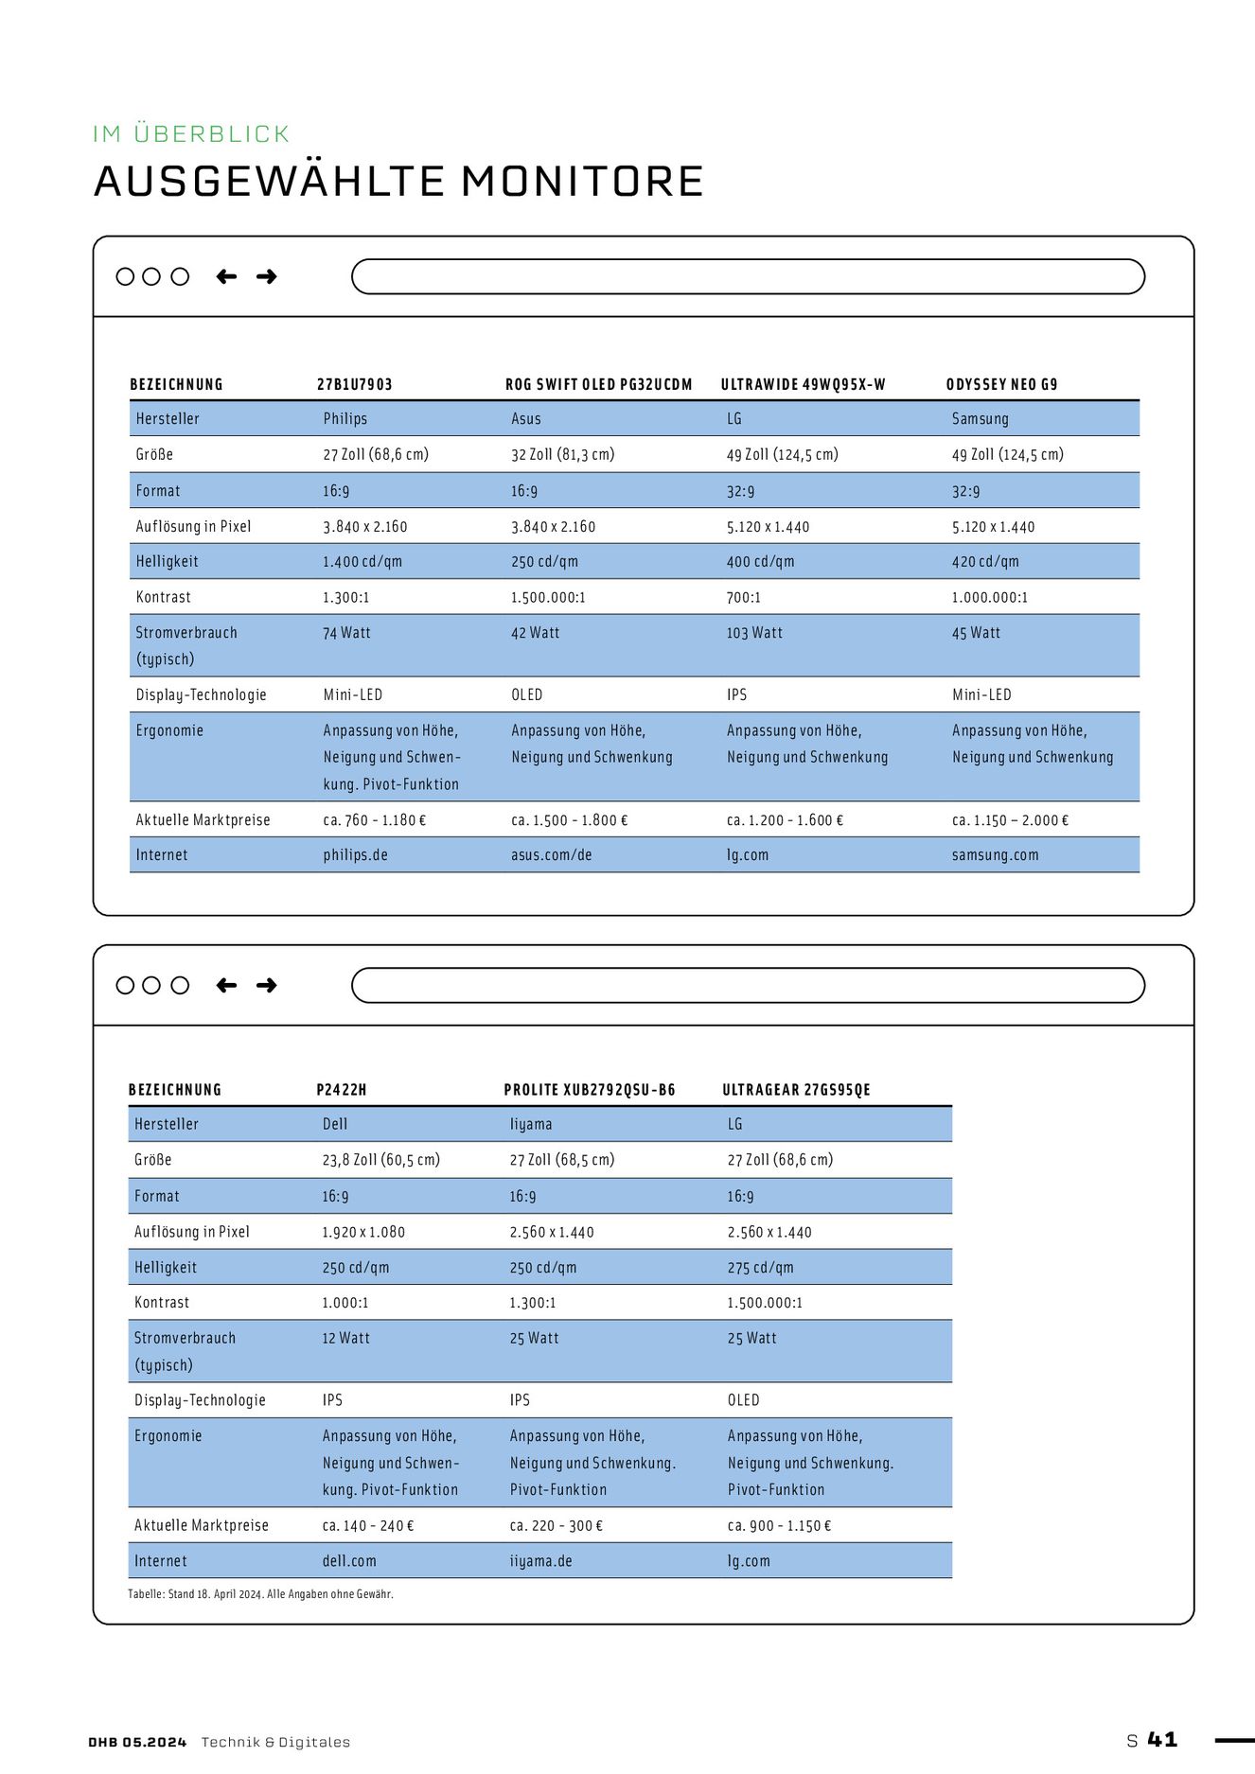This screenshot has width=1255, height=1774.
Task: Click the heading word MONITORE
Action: point(582,182)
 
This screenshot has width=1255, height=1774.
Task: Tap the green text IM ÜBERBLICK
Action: point(191,134)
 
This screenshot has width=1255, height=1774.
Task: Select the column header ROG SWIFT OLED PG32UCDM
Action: point(598,384)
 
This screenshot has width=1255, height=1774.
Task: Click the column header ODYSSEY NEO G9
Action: point(1001,384)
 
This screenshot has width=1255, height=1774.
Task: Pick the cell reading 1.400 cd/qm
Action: point(362,562)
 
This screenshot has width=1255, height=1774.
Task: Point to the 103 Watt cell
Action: point(754,633)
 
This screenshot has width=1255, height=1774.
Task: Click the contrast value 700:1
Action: point(743,598)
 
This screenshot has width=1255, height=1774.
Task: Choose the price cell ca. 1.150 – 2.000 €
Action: point(1010,820)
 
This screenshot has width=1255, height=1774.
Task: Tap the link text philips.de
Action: point(355,855)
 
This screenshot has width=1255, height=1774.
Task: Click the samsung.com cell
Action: point(995,855)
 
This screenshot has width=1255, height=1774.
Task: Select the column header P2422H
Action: point(341,1090)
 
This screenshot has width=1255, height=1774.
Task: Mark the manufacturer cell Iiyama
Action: point(530,1124)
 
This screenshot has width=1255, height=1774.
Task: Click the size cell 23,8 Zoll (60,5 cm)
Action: point(380,1160)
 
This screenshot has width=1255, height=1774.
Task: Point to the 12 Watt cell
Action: point(345,1339)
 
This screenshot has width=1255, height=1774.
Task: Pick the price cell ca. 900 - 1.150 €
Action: point(779,1526)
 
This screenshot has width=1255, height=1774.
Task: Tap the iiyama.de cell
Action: point(540,1561)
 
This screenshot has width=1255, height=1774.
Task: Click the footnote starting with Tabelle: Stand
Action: point(260,1594)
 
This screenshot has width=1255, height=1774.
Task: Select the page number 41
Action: point(1162,1740)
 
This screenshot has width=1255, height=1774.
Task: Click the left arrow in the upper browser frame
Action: point(226,276)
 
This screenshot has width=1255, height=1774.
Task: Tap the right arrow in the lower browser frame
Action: point(267,986)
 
